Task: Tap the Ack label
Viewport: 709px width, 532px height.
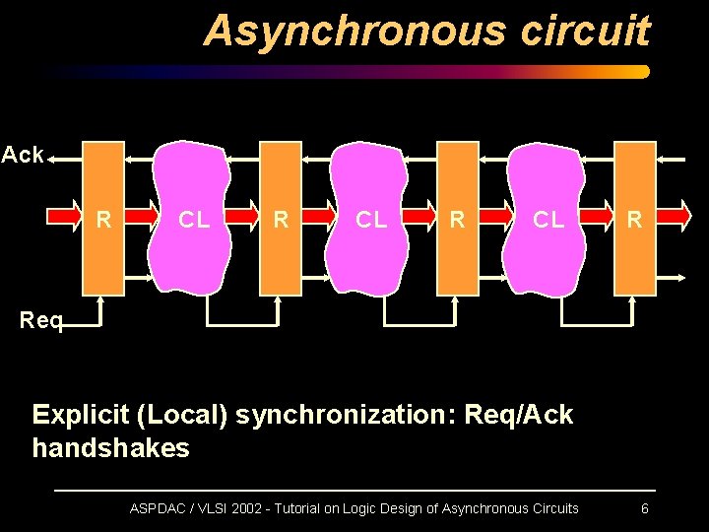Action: pyautogui.click(x=23, y=155)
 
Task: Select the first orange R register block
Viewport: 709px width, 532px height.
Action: pyautogui.click(x=102, y=219)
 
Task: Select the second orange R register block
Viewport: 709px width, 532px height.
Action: pyautogui.click(x=280, y=219)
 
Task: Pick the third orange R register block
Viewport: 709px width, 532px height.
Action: pyautogui.click(x=457, y=219)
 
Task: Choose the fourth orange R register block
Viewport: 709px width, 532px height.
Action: pyautogui.click(x=634, y=219)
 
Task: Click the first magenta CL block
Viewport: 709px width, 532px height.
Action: pyautogui.click(x=193, y=219)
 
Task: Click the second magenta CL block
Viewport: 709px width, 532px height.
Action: pyautogui.click(x=370, y=219)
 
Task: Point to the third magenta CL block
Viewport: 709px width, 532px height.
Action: pyautogui.click(x=548, y=219)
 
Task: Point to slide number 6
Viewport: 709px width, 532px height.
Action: pyautogui.click(x=644, y=508)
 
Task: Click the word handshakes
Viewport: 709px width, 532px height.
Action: pyautogui.click(x=110, y=448)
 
